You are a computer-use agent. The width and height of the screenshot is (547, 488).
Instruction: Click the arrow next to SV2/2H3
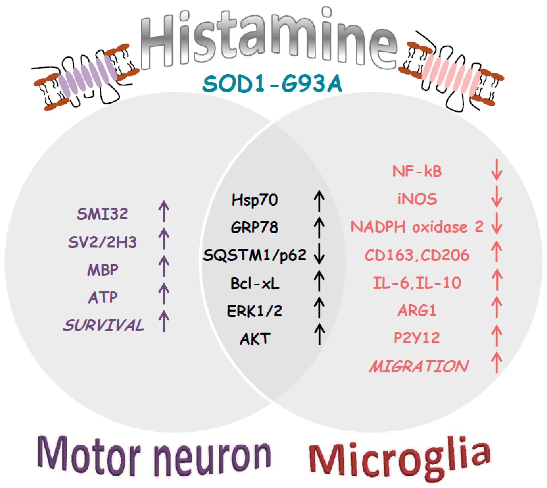tap(164, 239)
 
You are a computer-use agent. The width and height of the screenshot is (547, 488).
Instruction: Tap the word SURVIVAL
tap(103, 325)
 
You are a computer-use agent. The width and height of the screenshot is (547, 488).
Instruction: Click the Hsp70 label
tap(255, 200)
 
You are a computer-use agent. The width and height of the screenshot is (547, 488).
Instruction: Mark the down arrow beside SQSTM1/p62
tap(319, 253)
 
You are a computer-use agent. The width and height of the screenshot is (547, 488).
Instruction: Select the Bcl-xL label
tap(255, 284)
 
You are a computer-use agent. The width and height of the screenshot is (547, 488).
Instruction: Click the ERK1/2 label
tap(255, 311)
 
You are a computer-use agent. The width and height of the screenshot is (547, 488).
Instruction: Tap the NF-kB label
tap(417, 171)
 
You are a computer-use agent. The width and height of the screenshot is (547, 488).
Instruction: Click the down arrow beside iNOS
tap(497, 197)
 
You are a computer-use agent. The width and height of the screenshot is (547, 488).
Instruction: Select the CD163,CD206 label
tap(417, 255)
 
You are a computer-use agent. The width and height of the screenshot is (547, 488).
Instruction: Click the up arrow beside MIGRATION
tap(497, 362)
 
